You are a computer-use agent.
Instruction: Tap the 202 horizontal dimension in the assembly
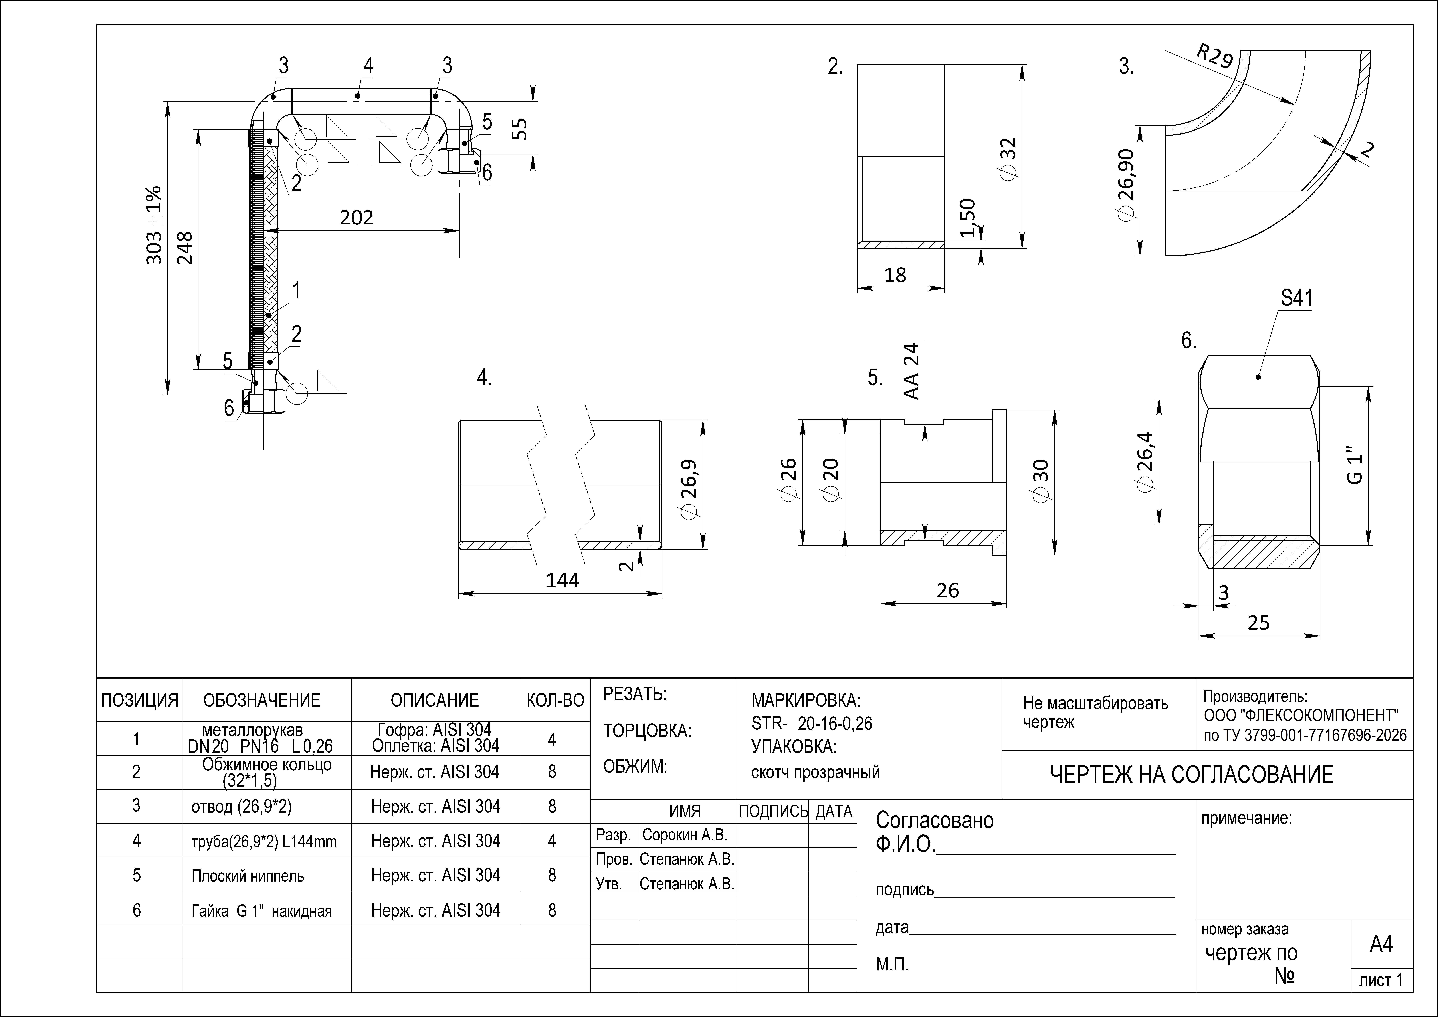pos(356,217)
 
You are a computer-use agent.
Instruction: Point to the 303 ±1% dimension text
pos(154,225)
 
